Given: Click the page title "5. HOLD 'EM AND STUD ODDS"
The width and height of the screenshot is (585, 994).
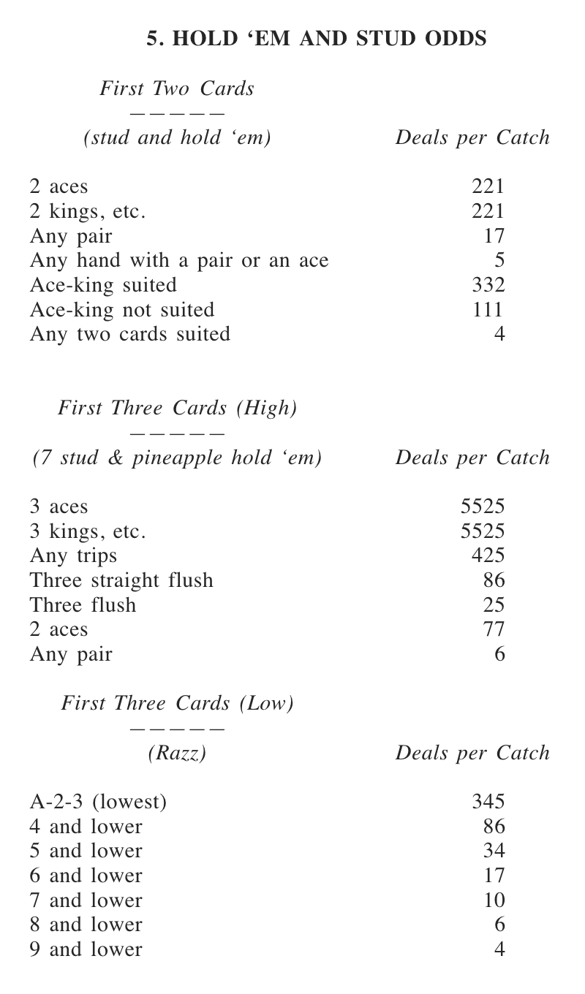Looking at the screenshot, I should pyautogui.click(x=317, y=39).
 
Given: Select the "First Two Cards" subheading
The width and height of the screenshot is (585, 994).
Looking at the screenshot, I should pyautogui.click(x=177, y=89).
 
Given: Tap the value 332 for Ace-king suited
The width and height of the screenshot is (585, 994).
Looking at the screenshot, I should pyautogui.click(x=488, y=285).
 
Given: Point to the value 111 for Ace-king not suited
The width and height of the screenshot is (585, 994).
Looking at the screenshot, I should pyautogui.click(x=488, y=310).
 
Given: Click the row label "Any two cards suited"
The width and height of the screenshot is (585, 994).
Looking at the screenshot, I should pyautogui.click(x=130, y=335).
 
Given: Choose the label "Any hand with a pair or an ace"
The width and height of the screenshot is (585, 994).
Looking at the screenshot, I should pyautogui.click(x=179, y=260).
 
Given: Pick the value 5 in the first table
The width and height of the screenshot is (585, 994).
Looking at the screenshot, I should pyautogui.click(x=499, y=260).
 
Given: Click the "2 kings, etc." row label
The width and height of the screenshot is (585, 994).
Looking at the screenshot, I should pyautogui.click(x=88, y=211).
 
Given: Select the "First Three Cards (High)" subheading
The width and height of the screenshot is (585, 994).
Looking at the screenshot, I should pyautogui.click(x=177, y=409).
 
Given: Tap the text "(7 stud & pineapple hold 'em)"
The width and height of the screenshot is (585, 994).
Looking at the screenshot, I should pyautogui.click(x=177, y=458).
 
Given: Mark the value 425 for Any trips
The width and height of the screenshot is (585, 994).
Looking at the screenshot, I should pyautogui.click(x=488, y=555).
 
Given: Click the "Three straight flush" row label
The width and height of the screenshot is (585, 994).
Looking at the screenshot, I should pyautogui.click(x=121, y=580).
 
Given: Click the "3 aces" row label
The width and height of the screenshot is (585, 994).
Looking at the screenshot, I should pyautogui.click(x=58, y=507).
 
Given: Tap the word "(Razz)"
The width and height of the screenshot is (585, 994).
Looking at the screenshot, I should pyautogui.click(x=177, y=754).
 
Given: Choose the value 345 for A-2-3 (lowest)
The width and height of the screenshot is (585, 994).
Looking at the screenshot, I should pyautogui.click(x=488, y=803).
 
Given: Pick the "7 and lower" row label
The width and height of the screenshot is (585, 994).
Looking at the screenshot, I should pyautogui.click(x=86, y=900).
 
